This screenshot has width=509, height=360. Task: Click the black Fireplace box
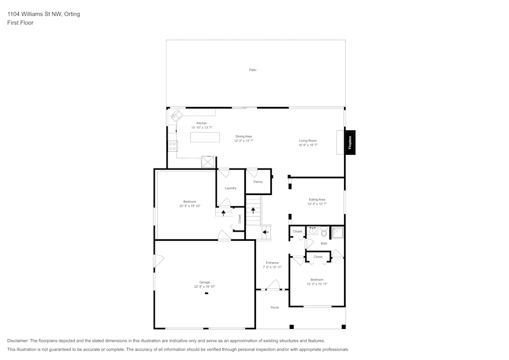click(350, 143)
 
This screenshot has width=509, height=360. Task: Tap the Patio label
click(252, 70)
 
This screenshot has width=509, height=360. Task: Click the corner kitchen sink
click(177, 115)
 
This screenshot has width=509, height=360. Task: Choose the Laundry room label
click(231, 188)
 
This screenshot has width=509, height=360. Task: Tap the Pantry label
click(258, 182)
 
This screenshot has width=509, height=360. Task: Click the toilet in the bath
click(324, 233)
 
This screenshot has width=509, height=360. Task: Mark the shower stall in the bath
click(337, 233)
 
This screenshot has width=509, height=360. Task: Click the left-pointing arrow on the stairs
click(266, 232)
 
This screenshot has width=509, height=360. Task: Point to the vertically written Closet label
click(239, 219)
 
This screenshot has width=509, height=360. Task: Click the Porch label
click(275, 308)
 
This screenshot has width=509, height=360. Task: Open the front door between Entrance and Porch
click(273, 285)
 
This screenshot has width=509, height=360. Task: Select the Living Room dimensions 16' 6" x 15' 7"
click(308, 145)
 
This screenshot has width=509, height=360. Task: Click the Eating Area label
click(317, 200)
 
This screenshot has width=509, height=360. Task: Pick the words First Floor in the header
click(20, 23)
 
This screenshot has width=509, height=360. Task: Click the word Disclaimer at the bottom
click(18, 341)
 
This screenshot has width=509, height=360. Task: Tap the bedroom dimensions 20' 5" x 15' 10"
click(190, 206)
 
